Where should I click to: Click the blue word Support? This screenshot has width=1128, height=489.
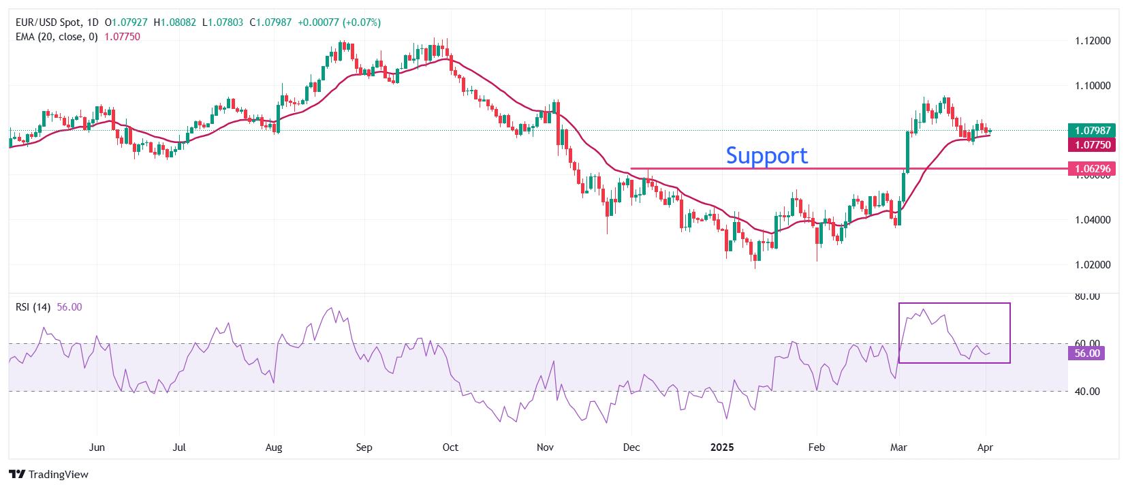(x=766, y=156)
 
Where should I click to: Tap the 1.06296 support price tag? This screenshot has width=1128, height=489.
(x=1092, y=169)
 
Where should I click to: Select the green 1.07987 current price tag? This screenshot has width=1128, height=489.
(x=1092, y=130)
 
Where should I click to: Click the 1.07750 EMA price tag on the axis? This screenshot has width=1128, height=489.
(x=1092, y=144)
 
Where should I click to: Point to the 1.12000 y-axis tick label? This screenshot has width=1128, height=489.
(x=1092, y=41)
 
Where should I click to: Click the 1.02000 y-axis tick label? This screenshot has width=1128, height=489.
(x=1092, y=264)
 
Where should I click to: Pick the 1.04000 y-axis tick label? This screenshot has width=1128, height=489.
(x=1092, y=220)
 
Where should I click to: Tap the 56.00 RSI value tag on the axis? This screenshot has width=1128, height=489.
(x=1087, y=353)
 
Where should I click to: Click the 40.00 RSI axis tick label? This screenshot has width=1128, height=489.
(x=1087, y=392)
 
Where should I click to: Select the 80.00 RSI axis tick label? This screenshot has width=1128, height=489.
(x=1087, y=297)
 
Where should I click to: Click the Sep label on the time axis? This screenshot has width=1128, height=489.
(x=364, y=447)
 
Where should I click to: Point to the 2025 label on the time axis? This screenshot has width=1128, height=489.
(x=722, y=447)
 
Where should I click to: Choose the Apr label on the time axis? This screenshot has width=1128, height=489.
(x=985, y=447)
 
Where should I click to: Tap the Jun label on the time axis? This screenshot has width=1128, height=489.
(x=97, y=447)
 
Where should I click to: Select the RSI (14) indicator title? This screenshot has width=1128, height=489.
(x=33, y=307)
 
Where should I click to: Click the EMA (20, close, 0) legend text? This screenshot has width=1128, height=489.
(x=57, y=37)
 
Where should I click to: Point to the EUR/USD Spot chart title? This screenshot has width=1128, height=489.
(x=47, y=22)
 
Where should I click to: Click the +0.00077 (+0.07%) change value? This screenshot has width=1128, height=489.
(x=339, y=22)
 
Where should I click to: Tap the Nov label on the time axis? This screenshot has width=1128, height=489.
(x=545, y=447)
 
